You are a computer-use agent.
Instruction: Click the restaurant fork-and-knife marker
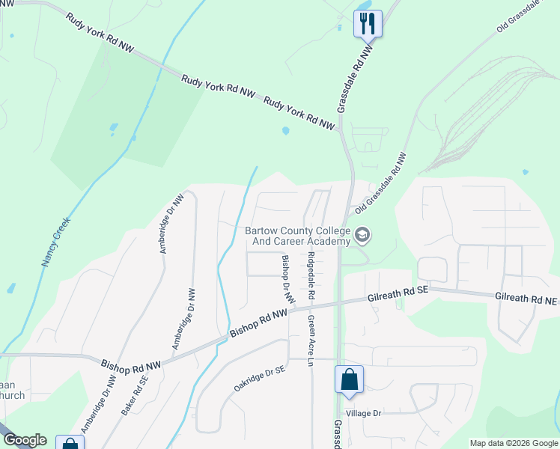point(368,22)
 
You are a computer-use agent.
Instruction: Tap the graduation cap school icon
point(363,236)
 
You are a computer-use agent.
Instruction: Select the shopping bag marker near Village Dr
point(350,379)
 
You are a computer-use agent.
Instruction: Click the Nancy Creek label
point(55,243)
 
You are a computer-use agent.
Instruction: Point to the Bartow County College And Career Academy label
point(298,236)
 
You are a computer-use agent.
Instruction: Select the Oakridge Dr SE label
point(258,379)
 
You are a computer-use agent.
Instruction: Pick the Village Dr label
point(364,413)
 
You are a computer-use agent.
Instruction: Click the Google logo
point(24,440)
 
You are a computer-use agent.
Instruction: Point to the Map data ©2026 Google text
point(513,443)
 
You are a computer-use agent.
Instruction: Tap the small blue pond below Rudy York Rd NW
point(285,131)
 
